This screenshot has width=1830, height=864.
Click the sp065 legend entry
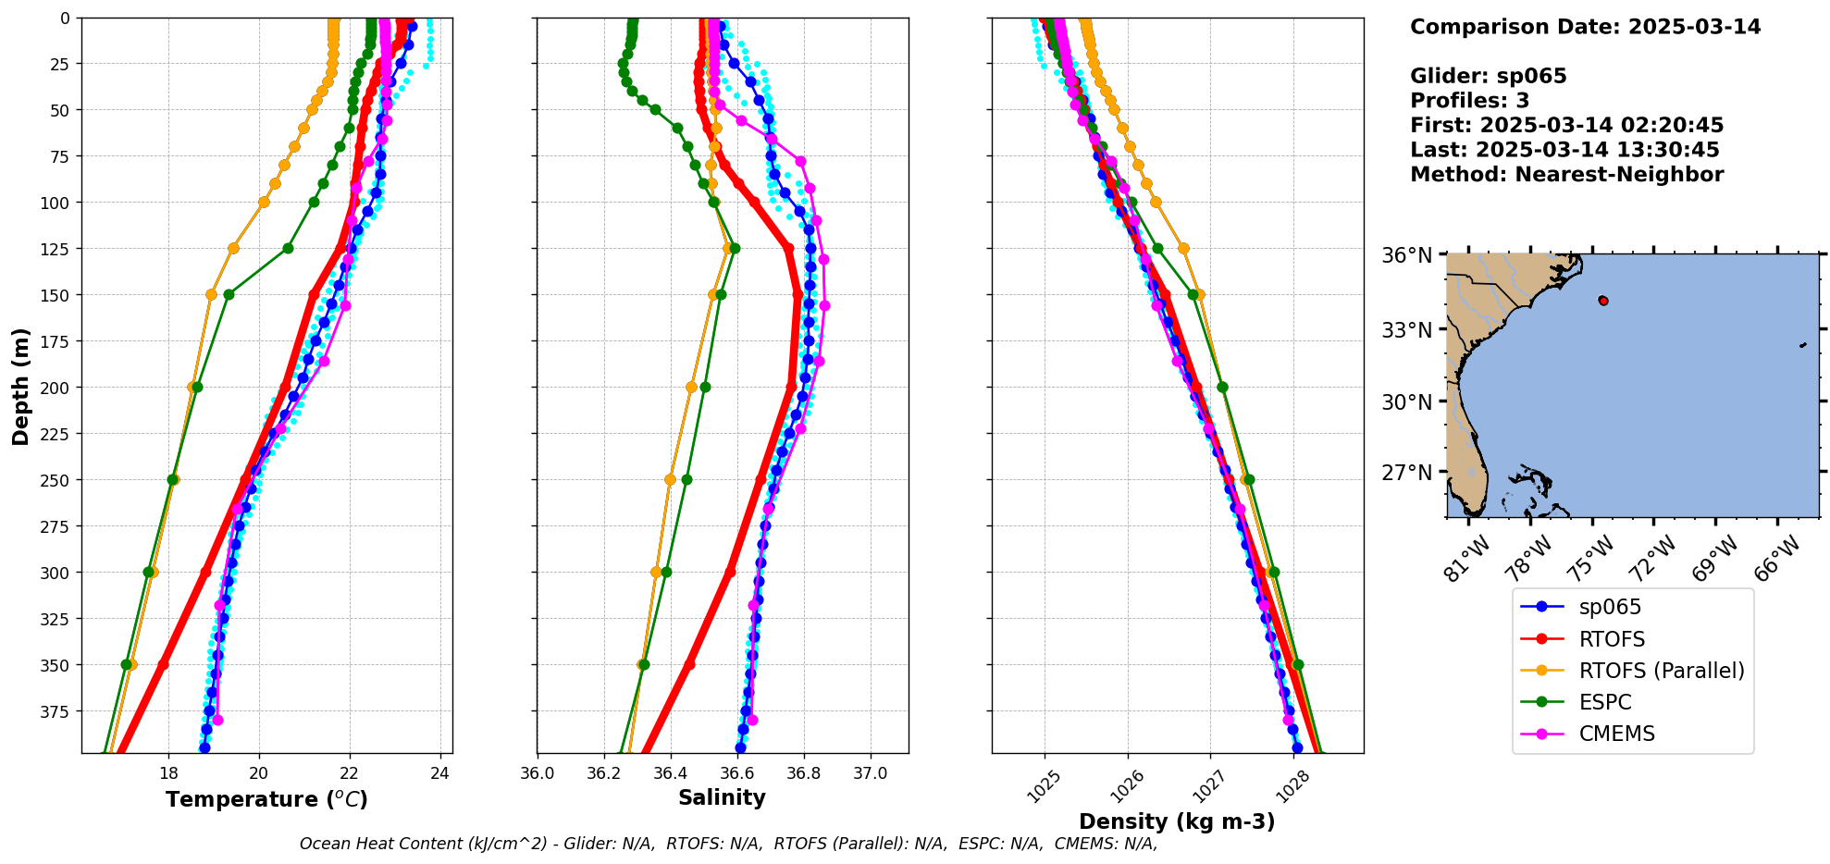[1610, 608]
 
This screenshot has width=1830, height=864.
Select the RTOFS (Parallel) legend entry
[1661, 671]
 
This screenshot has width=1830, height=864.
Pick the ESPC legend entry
[1605, 702]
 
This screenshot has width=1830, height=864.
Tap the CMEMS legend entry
[1616, 734]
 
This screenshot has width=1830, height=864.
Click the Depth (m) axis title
[20, 386]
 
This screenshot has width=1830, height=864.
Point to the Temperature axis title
[266, 799]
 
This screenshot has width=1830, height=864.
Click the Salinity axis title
[722, 797]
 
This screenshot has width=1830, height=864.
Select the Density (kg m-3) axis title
[1177, 821]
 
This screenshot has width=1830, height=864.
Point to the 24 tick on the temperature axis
[440, 773]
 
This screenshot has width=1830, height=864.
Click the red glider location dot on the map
[1603, 301]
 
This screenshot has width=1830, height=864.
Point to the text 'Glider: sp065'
[1488, 76]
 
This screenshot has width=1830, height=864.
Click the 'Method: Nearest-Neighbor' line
[1566, 175]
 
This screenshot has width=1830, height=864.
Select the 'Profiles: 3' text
[1469, 101]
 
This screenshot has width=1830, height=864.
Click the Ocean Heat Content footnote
[728, 844]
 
